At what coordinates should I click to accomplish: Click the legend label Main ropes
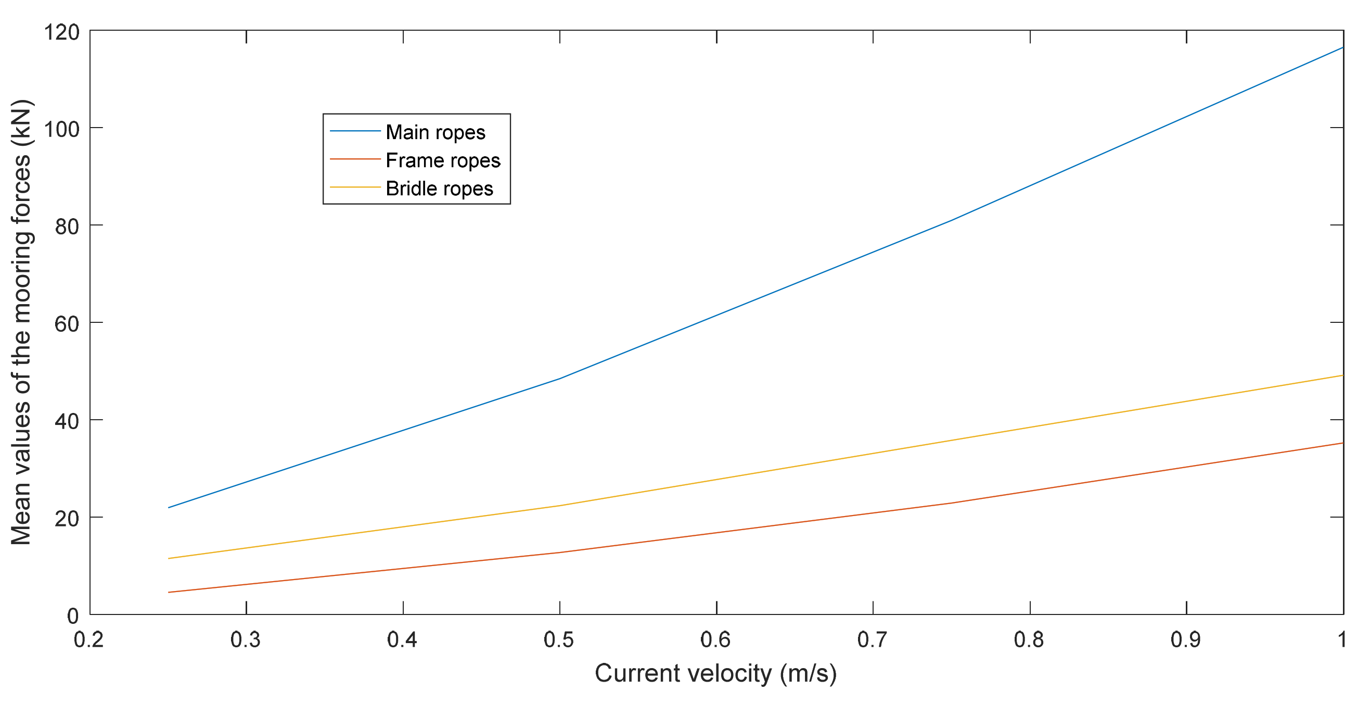435,132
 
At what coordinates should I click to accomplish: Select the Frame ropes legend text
442,160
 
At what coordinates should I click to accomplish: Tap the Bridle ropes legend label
439,189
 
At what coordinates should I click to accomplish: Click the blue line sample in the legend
355,131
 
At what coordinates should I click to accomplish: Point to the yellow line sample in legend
355,187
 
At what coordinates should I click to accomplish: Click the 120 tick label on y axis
62,32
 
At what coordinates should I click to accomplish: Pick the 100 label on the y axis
62,129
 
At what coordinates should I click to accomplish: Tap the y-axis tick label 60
67,324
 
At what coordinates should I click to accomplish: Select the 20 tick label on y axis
67,519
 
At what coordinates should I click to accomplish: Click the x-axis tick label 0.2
89,639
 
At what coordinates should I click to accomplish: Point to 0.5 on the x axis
559,639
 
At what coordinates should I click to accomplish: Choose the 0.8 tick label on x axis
1029,639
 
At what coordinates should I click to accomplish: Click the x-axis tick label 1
1342,639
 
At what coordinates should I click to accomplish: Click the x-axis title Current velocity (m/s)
715,673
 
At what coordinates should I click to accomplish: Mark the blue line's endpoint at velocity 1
1342,47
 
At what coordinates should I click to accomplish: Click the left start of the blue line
169,508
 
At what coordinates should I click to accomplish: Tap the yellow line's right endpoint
1342,375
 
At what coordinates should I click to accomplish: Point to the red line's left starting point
169,592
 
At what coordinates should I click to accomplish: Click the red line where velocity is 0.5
560,553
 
